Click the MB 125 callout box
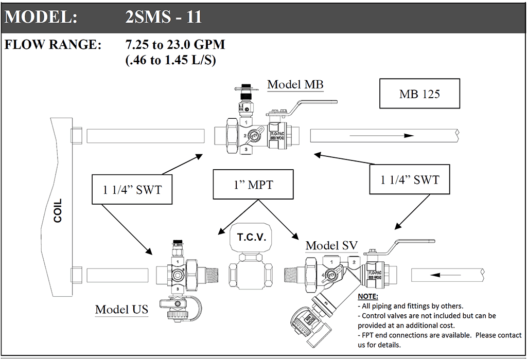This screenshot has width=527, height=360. click(x=419, y=94)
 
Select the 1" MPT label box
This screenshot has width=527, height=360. click(x=253, y=185)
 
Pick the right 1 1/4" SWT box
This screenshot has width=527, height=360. click(x=410, y=179)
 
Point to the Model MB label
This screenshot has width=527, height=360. click(x=295, y=84)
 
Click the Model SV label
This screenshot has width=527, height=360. click(x=331, y=245)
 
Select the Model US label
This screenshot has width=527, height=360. click(x=122, y=309)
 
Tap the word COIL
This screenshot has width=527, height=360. click(x=58, y=210)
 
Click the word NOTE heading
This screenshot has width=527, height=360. click(x=368, y=297)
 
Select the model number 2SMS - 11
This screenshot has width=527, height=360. click(x=164, y=17)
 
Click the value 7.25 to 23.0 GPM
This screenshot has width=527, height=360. click(x=175, y=45)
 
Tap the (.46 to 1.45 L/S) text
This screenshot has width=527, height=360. click(x=170, y=60)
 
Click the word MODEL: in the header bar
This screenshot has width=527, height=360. click(x=41, y=17)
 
